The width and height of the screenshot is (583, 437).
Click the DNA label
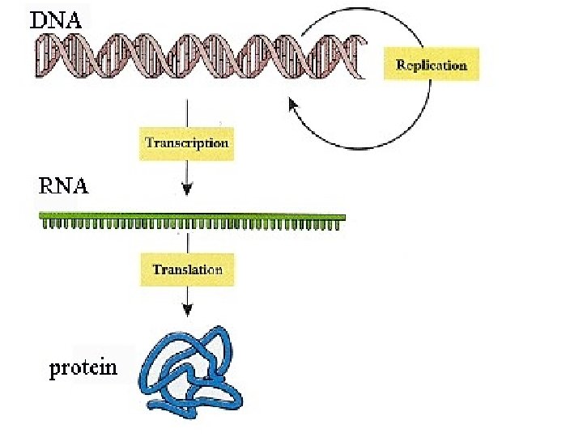click(56, 20)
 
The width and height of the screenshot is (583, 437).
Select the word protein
click(83, 369)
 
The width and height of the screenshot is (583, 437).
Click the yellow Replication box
click(431, 65)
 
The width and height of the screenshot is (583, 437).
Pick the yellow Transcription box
click(186, 143)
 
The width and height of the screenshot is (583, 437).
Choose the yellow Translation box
click(187, 269)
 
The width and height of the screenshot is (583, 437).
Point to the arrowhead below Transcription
click(187, 191)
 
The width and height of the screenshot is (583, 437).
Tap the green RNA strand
click(193, 218)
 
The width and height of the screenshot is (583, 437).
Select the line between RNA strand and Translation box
click(187, 243)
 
